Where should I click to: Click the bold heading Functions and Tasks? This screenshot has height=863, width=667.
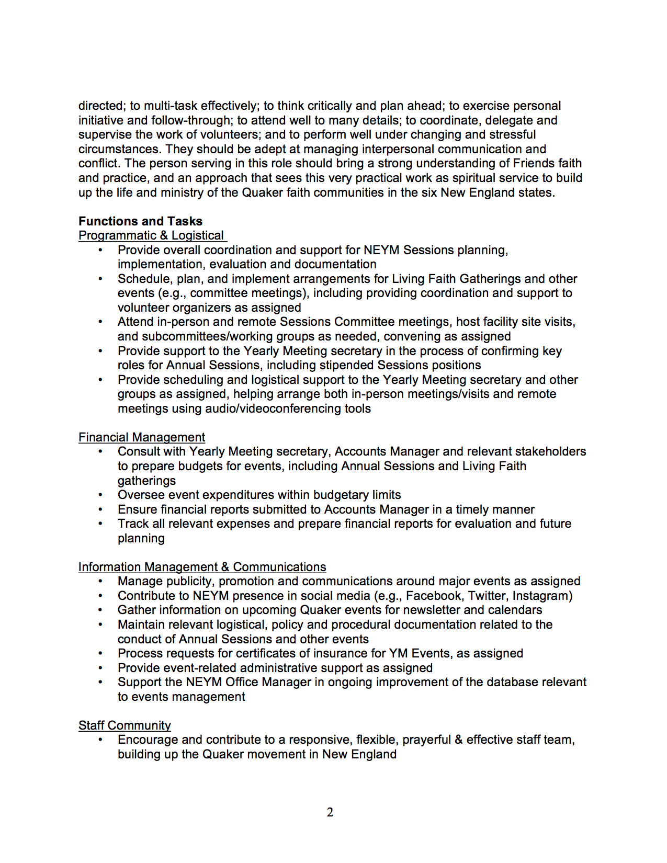[x=140, y=221]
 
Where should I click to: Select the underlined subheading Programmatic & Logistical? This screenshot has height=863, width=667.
[x=151, y=236]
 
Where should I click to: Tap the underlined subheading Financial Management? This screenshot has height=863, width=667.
[x=141, y=437]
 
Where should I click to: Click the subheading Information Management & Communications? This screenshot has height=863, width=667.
[x=202, y=567]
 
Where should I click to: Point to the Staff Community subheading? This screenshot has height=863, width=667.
[x=125, y=725]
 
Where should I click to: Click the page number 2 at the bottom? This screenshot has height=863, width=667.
[x=330, y=812]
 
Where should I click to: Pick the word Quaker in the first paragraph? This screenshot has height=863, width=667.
[x=262, y=192]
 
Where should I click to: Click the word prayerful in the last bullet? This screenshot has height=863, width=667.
[x=426, y=740]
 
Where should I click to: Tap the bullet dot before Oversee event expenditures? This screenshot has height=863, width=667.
[x=100, y=495]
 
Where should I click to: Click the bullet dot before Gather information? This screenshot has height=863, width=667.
[x=100, y=610]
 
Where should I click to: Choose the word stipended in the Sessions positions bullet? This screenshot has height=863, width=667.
[x=347, y=365]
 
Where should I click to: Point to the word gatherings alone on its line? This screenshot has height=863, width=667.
[x=146, y=481]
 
